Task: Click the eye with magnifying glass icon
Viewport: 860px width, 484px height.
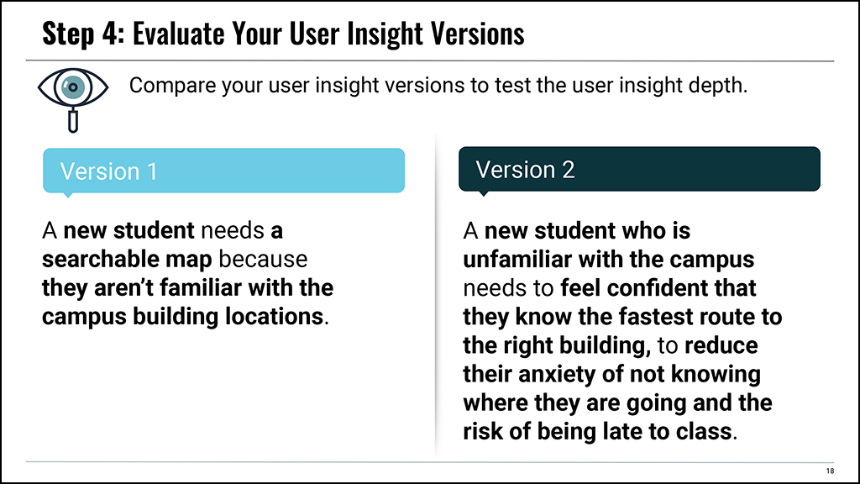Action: pos(73,99)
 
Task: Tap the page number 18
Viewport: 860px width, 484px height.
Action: pos(830,471)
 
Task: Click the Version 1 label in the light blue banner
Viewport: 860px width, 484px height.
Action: pos(108,171)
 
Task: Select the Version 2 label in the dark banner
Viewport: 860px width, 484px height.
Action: pos(525,170)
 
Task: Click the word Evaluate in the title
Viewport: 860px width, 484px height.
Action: pos(178,34)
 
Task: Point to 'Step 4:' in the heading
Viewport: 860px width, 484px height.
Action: pos(84,34)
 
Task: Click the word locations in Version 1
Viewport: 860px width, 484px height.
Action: pos(274,317)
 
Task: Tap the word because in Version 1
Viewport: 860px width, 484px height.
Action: pos(263,259)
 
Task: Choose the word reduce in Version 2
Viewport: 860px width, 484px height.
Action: pos(721,345)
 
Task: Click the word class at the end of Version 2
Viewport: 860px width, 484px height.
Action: pos(704,431)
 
